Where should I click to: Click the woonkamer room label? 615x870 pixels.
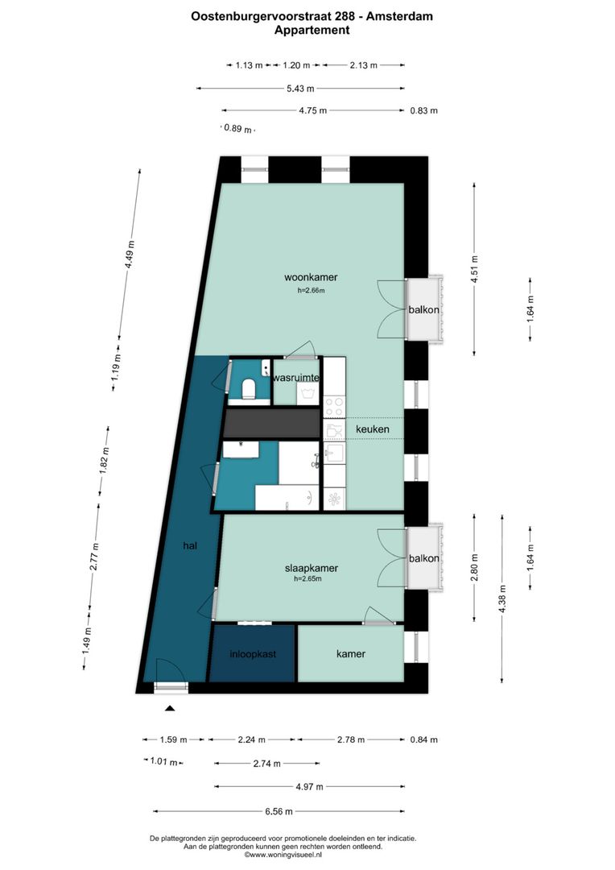pyautogui.click(x=310, y=278)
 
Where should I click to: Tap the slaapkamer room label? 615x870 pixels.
pyautogui.click(x=310, y=568)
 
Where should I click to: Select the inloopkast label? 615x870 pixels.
pyautogui.click(x=252, y=654)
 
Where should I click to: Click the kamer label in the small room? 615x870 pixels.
pyautogui.click(x=351, y=654)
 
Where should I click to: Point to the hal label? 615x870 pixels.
pyautogui.click(x=190, y=545)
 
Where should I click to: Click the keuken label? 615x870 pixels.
pyautogui.click(x=373, y=429)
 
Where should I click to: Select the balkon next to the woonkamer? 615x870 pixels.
pyautogui.click(x=423, y=309)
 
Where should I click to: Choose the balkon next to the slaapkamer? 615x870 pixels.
pyautogui.click(x=423, y=558)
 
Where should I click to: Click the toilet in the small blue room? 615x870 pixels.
pyautogui.click(x=249, y=388)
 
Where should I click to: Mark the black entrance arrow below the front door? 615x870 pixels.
pyautogui.click(x=170, y=709)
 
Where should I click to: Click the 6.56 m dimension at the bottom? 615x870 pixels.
pyautogui.click(x=279, y=811)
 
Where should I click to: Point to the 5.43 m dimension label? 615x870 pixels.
pyautogui.click(x=300, y=89)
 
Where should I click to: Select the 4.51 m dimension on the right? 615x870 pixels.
pyautogui.click(x=474, y=267)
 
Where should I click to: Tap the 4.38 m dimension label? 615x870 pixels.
pyautogui.click(x=503, y=599)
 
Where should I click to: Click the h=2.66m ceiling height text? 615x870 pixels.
pyautogui.click(x=310, y=291)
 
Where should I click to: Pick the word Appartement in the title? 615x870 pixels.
pyautogui.click(x=312, y=30)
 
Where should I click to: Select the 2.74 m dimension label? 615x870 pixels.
pyautogui.click(x=266, y=764)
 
